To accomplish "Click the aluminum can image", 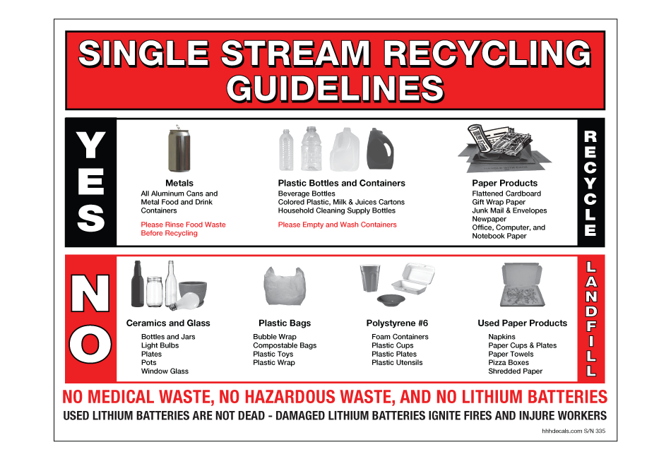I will [x=179, y=149].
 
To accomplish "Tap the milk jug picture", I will [x=345, y=150].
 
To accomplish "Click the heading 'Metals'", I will [x=179, y=183].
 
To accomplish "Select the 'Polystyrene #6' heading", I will [x=398, y=323].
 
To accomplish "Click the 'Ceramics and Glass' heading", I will [x=168, y=323].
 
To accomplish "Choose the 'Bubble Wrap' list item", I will [x=275, y=337].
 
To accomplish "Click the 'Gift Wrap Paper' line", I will [x=499, y=202].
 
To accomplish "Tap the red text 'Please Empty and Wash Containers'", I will [x=337, y=225].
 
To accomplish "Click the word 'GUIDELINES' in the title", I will [x=335, y=88].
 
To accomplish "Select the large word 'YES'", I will [x=90, y=181].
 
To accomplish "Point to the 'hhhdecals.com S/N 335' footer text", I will [x=574, y=430].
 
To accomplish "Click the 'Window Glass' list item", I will [x=165, y=371].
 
